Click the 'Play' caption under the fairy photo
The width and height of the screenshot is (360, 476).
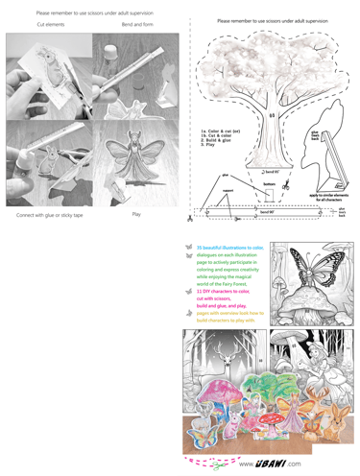tap(136, 215)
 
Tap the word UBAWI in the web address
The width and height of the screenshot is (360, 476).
tap(269, 464)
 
